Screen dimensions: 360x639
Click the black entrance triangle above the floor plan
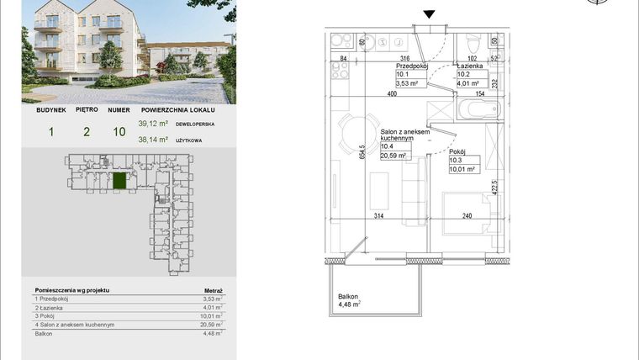tap(430, 14)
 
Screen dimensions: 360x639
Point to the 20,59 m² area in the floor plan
tap(393, 156)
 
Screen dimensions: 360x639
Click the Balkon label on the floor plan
tap(348, 296)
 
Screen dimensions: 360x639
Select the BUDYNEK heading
tap(50, 109)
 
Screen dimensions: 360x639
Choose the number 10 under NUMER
tap(119, 132)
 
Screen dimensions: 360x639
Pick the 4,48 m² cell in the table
tap(213, 333)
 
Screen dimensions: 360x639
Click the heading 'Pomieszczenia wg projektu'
tap(72, 289)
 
